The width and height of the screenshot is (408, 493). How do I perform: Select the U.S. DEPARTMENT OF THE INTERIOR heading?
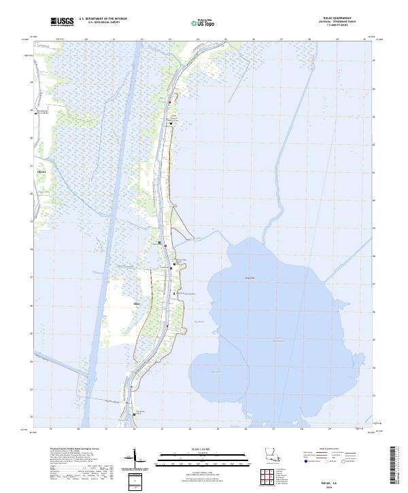[x=103, y=19]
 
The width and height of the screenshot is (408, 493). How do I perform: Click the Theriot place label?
[x=41, y=172]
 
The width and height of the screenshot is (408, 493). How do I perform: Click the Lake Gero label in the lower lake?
[x=216, y=371]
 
